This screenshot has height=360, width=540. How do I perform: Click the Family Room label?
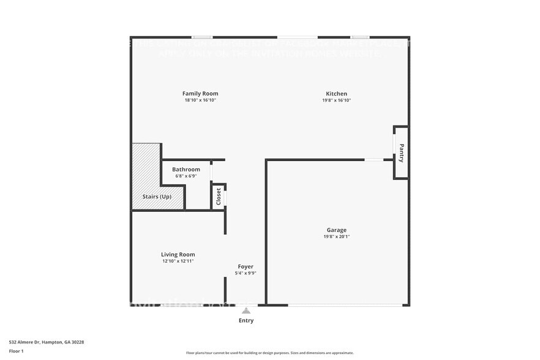click(x=200, y=94)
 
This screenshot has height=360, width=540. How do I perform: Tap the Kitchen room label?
click(x=336, y=94)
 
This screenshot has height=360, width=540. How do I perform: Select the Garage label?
click(x=336, y=230)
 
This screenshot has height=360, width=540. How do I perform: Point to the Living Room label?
click(x=178, y=255)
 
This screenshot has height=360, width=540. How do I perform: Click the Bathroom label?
click(x=186, y=169)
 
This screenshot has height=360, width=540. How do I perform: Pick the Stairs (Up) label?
click(x=157, y=197)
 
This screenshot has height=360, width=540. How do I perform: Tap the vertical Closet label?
click(x=219, y=197)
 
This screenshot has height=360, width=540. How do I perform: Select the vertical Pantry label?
click(x=402, y=152)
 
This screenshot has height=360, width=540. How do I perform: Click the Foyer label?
click(x=246, y=266)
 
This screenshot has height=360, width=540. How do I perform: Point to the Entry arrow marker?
click(x=246, y=310)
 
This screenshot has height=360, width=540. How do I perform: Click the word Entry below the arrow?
click(x=246, y=320)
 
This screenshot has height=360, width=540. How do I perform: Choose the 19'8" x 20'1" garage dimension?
click(x=336, y=237)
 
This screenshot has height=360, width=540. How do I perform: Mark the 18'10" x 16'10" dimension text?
click(x=200, y=100)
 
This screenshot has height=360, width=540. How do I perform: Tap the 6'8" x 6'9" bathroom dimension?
click(x=186, y=176)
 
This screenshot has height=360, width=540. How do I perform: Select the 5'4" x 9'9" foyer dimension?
click(x=246, y=273)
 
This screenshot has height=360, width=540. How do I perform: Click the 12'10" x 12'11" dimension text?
click(x=178, y=261)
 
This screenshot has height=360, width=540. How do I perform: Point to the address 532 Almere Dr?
click(x=47, y=342)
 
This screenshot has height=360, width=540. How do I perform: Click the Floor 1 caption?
click(x=17, y=351)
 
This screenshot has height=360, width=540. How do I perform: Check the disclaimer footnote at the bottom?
click(x=270, y=353)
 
